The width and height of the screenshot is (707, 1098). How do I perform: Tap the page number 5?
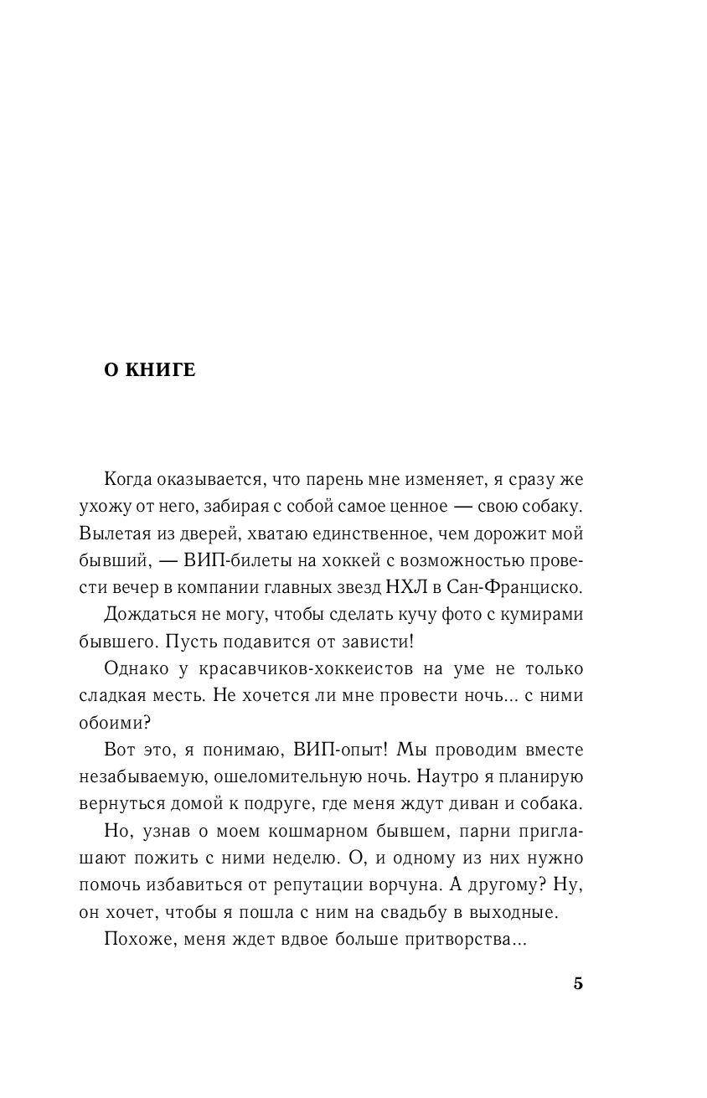tap(578, 983)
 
